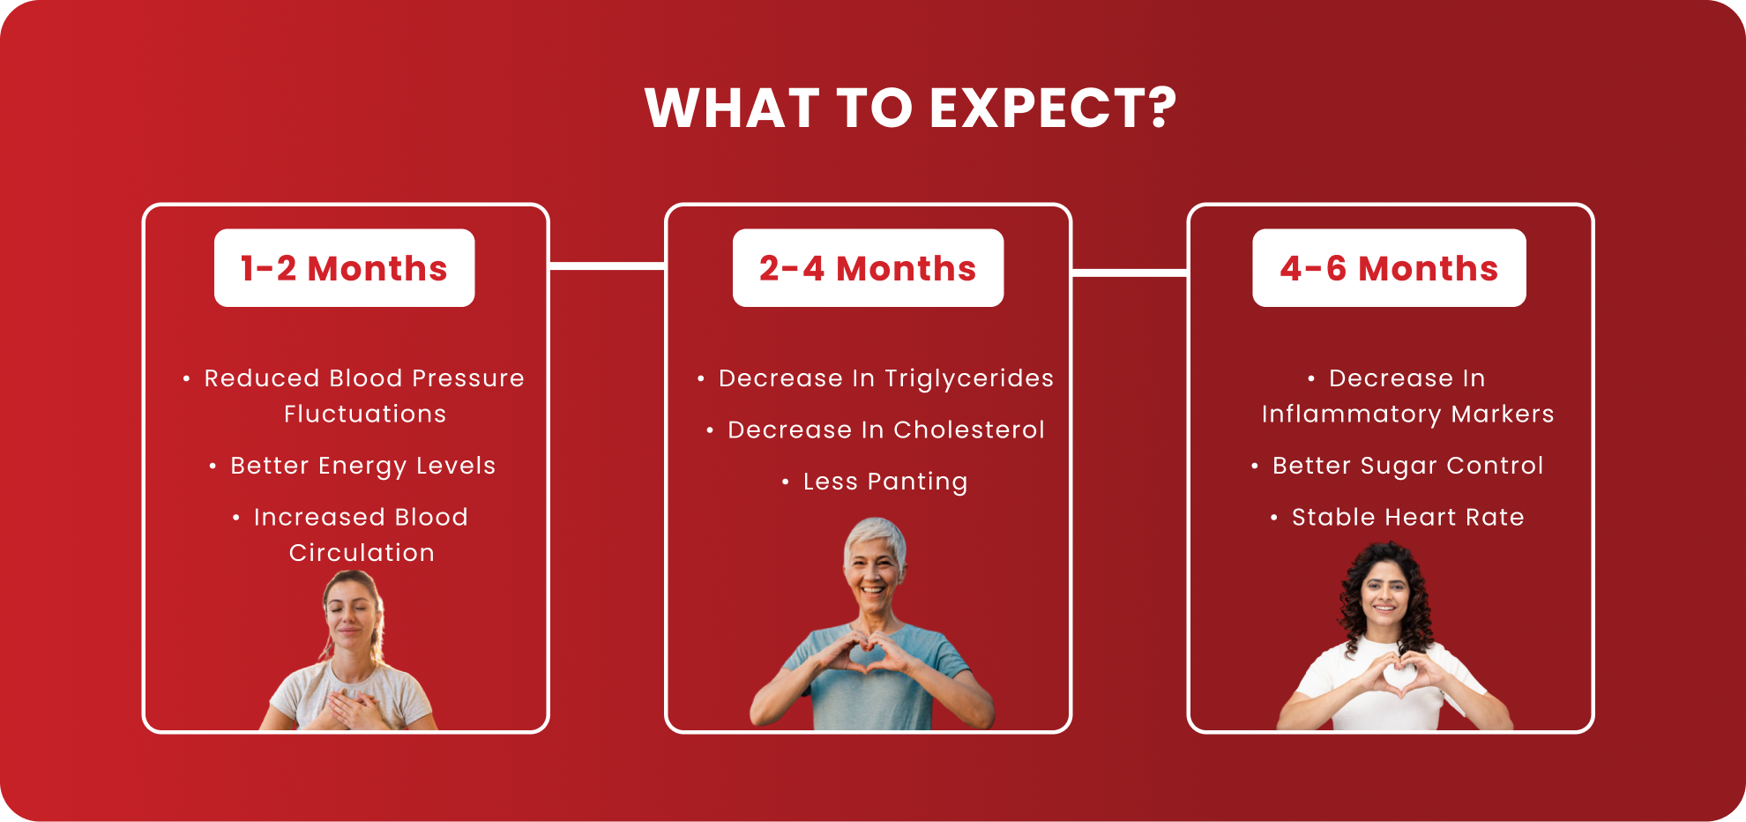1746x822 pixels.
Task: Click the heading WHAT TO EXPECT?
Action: click(x=911, y=108)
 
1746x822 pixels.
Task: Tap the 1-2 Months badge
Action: click(x=344, y=268)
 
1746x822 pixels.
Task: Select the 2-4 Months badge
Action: click(x=868, y=268)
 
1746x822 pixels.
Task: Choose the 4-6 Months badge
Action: click(x=1389, y=268)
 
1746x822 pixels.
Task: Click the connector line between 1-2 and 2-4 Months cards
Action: click(x=607, y=265)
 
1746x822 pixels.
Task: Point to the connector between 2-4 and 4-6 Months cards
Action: click(x=1130, y=273)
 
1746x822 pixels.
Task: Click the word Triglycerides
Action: click(x=969, y=378)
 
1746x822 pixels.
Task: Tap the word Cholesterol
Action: click(x=969, y=430)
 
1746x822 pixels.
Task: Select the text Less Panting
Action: click(x=885, y=482)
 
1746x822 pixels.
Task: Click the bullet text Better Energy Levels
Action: click(x=362, y=466)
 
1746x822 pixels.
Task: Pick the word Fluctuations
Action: click(x=365, y=414)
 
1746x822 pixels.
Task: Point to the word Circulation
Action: click(x=362, y=553)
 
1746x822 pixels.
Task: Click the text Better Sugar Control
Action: click(x=1407, y=466)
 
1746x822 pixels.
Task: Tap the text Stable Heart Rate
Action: click(x=1407, y=517)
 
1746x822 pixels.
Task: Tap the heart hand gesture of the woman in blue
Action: click(x=869, y=652)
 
